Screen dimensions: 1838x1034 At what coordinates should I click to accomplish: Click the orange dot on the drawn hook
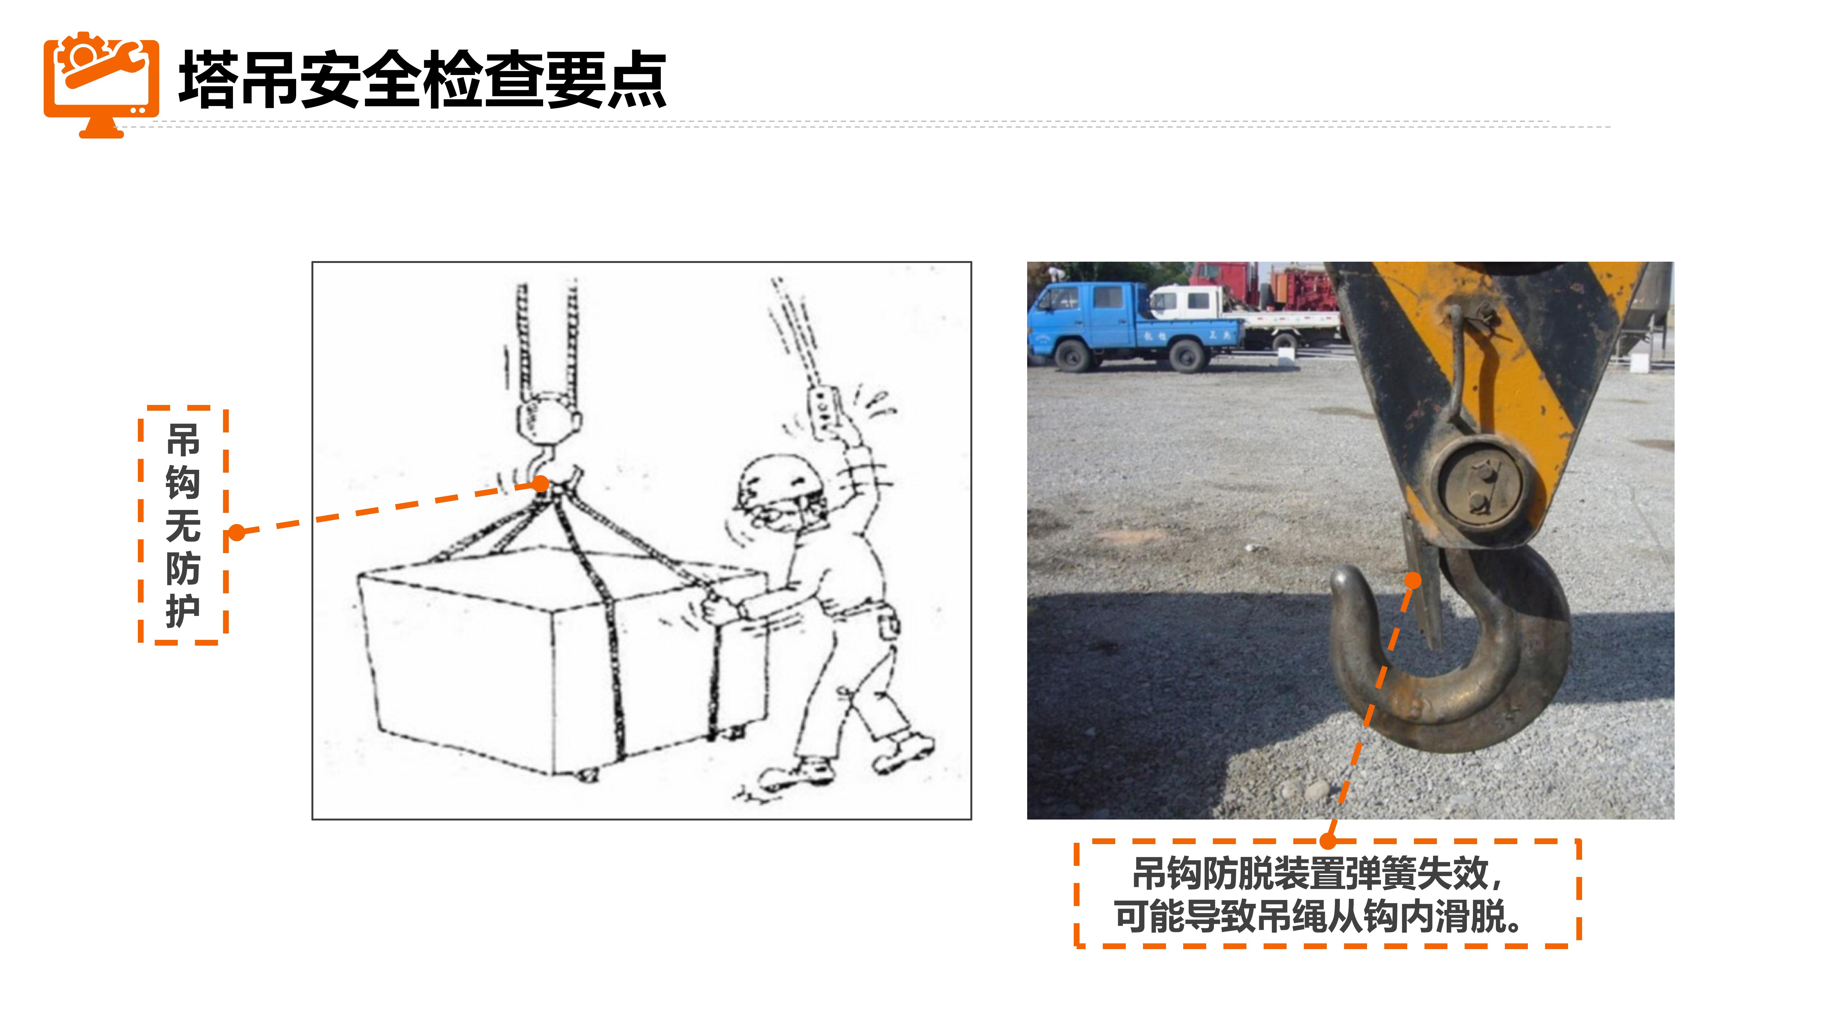click(x=542, y=484)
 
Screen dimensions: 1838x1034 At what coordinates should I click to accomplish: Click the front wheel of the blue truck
click(x=1072, y=355)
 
